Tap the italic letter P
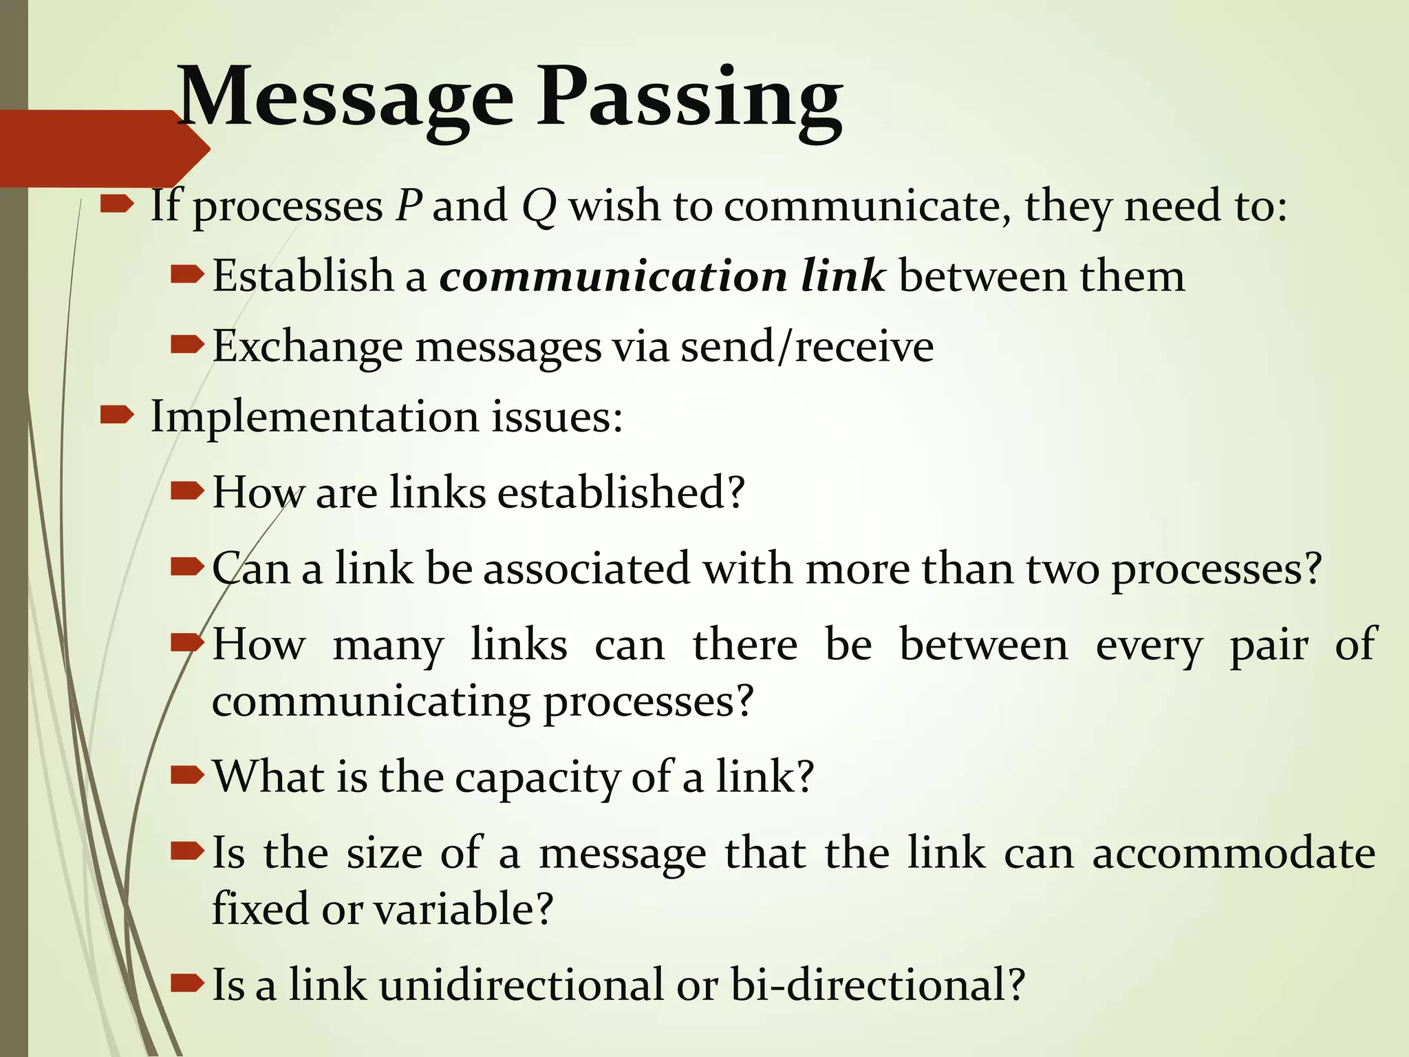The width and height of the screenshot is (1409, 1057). click(409, 205)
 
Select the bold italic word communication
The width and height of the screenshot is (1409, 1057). click(613, 276)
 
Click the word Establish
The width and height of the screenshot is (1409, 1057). click(302, 276)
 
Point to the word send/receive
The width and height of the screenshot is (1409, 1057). click(807, 346)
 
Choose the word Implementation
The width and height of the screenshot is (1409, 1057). click(314, 417)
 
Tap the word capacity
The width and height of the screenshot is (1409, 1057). click(537, 778)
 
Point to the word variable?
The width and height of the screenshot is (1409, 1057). click(464, 908)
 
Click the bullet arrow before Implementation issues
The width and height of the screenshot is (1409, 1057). click(116, 414)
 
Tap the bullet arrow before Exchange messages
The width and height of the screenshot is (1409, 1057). click(186, 344)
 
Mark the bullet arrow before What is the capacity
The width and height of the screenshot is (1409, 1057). click(186, 776)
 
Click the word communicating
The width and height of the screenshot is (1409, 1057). click(371, 702)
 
